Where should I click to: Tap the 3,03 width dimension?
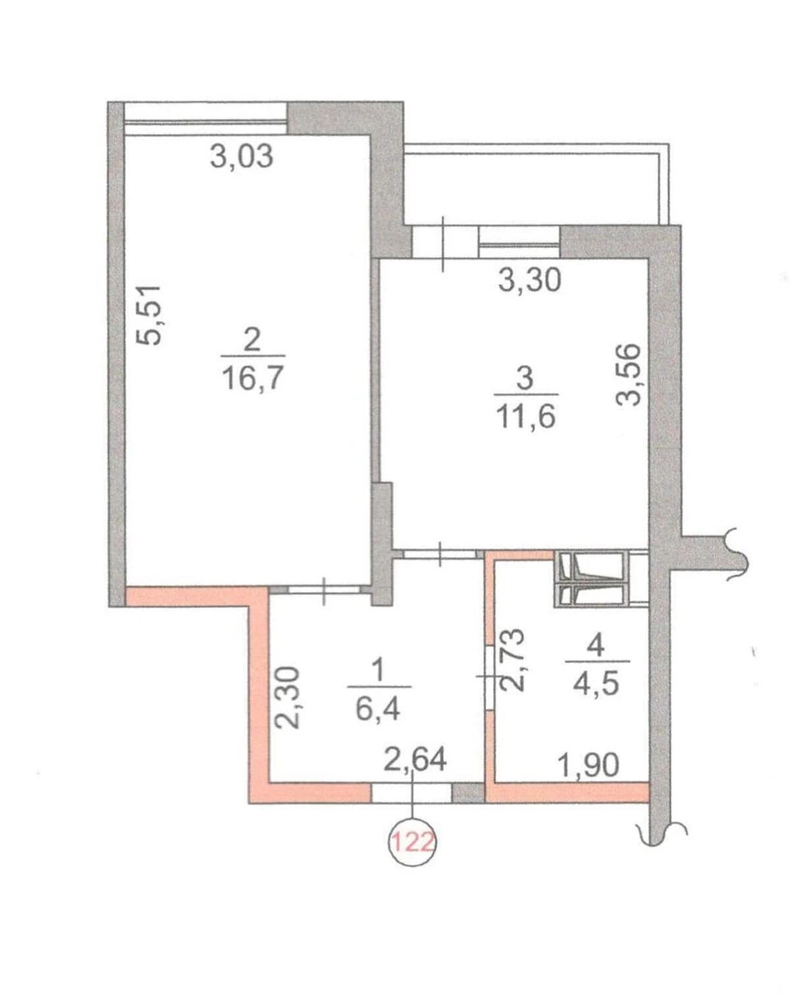coord(242,156)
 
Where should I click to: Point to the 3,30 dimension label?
coord(529,280)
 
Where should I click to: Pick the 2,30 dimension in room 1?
coord(286,697)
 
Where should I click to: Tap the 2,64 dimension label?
coord(415,760)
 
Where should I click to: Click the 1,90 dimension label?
coord(589,765)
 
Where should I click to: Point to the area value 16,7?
coord(253,378)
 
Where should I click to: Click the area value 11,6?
coord(526,416)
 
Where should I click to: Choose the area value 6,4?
coord(378,709)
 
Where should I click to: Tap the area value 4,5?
coord(596,683)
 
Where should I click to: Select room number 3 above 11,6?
coord(525,379)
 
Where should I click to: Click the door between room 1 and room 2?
coord(324,589)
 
